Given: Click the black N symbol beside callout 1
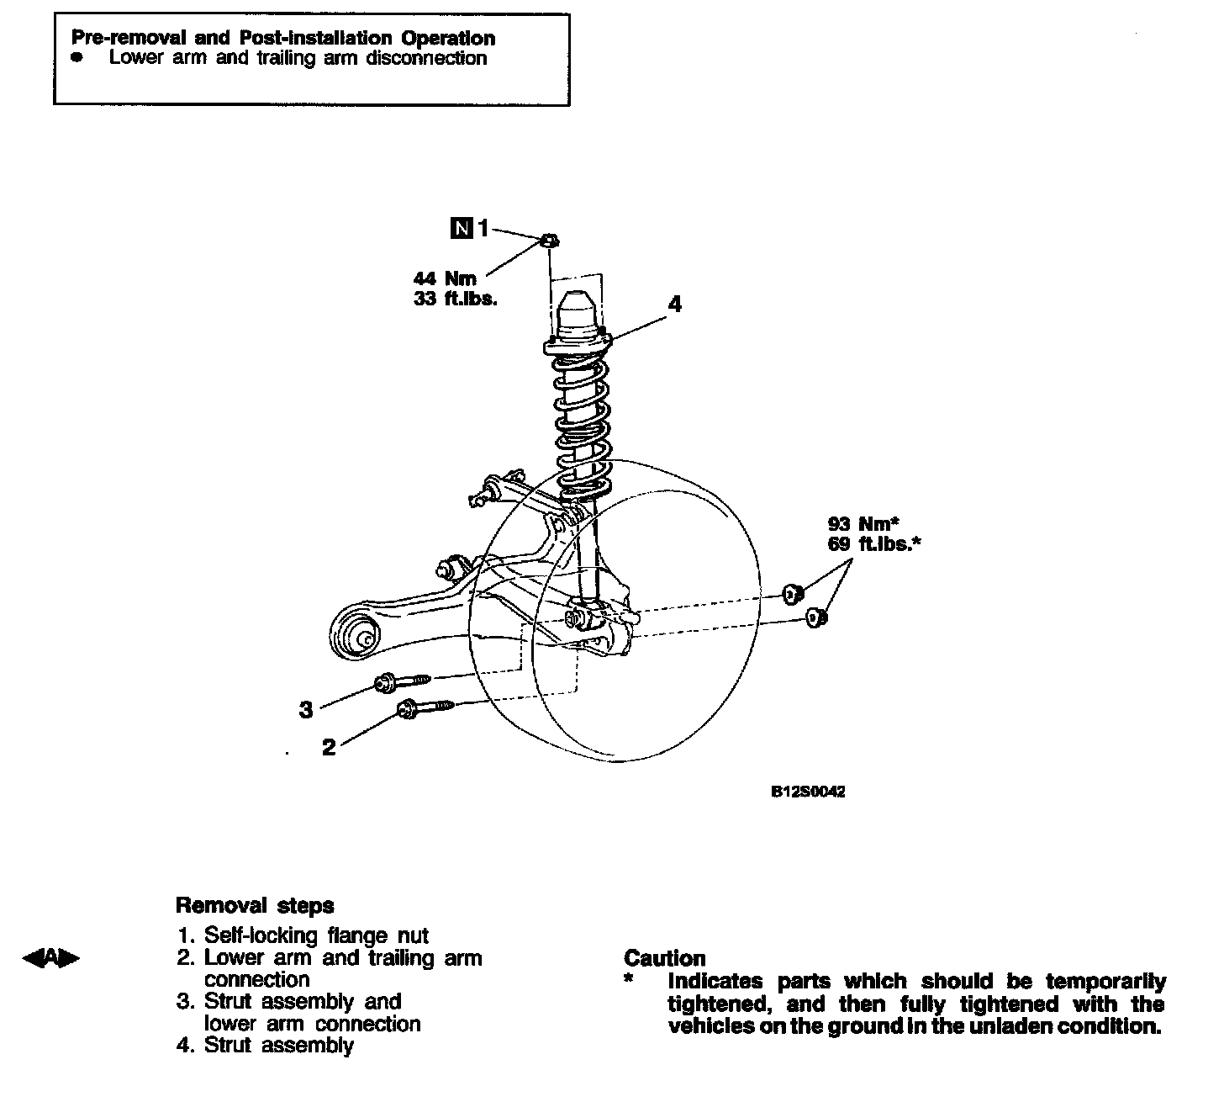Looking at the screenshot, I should (x=462, y=227).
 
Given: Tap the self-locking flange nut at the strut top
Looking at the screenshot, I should (x=547, y=241).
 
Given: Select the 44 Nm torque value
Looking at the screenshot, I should (x=445, y=278).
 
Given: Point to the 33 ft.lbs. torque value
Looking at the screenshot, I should (x=455, y=299).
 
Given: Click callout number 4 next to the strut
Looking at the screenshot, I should (x=674, y=304).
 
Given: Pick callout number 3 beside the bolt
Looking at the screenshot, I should (x=306, y=710).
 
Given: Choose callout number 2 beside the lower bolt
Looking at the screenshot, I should (x=330, y=747).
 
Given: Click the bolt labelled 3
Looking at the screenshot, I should (x=404, y=681).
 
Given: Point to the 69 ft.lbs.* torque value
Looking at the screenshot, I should (x=873, y=544).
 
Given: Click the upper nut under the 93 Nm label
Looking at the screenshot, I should (x=791, y=594).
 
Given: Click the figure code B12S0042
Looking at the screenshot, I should (x=808, y=792).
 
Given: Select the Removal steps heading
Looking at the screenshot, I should (x=255, y=906).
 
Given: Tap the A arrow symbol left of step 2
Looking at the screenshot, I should (x=52, y=957).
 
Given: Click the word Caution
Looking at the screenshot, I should (x=664, y=958).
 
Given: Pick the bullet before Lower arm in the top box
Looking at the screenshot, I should (x=77, y=58).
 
